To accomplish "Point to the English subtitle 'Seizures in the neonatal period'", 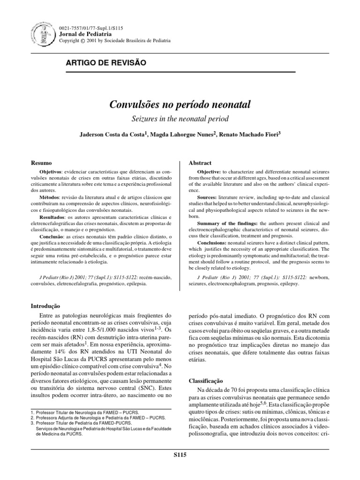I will point(180,119).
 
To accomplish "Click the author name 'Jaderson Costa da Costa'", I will point(113,135).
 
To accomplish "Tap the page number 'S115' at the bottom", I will point(180,455).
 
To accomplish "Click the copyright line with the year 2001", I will point(113,41).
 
